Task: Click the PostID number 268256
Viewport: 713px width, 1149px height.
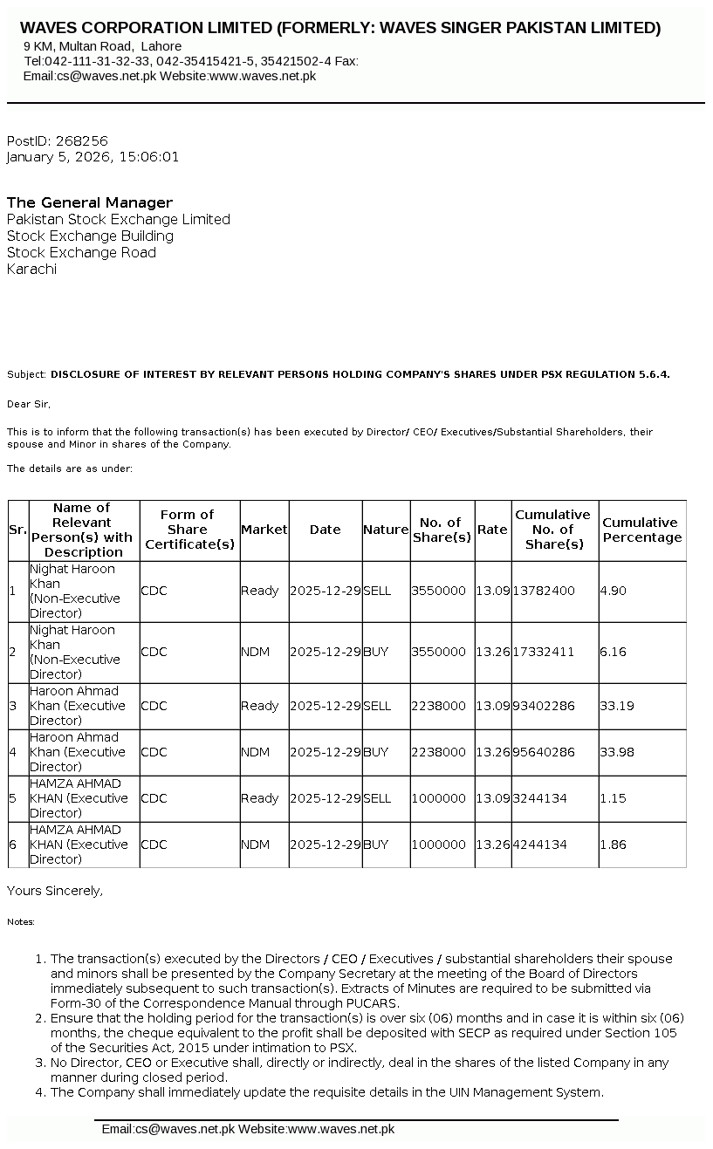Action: click(81, 140)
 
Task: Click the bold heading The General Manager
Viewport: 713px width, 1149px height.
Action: click(90, 202)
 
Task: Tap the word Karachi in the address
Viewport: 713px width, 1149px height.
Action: click(31, 269)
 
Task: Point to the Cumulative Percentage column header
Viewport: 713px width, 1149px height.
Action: click(641, 530)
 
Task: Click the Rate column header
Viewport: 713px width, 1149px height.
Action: click(492, 530)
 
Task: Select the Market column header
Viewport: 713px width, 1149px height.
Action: click(264, 530)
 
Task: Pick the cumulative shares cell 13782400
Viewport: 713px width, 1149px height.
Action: click(544, 591)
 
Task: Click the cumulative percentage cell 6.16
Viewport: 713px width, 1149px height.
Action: click(613, 652)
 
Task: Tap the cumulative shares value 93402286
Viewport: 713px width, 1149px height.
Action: click(544, 706)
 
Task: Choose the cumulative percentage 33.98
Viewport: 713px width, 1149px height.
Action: click(616, 752)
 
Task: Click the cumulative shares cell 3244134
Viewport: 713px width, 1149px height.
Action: click(540, 798)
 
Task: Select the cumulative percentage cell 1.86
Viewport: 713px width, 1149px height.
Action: click(613, 845)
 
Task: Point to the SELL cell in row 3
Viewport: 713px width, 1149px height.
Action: click(377, 706)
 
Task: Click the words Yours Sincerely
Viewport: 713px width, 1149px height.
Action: click(55, 891)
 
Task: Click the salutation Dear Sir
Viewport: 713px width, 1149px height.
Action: click(29, 404)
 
